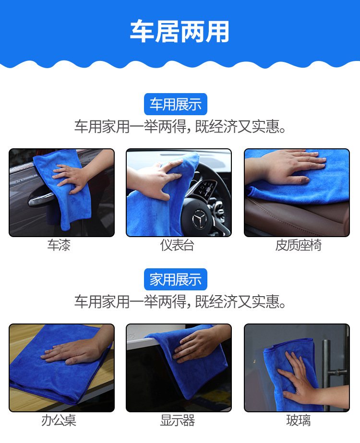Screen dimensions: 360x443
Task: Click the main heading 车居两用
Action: coord(180,31)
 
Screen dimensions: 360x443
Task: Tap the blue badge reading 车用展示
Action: coord(176,104)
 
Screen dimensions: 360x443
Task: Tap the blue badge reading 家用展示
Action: coord(176,279)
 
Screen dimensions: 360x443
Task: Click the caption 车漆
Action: coord(59,245)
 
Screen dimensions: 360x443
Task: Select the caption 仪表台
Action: coord(177,245)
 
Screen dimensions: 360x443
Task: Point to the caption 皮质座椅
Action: coord(299,245)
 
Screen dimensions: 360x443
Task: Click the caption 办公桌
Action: coord(59,420)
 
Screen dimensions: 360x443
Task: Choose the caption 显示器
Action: coord(178,420)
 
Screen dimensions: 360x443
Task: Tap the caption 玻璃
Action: coord(299,420)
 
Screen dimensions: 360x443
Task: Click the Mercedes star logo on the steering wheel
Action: coord(200,218)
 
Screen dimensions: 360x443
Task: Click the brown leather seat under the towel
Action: coord(297,217)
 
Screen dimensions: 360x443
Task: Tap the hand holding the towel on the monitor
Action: coord(198,343)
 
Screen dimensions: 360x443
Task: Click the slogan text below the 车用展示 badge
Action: coord(180,126)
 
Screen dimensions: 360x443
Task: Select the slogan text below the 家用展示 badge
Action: coord(180,301)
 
